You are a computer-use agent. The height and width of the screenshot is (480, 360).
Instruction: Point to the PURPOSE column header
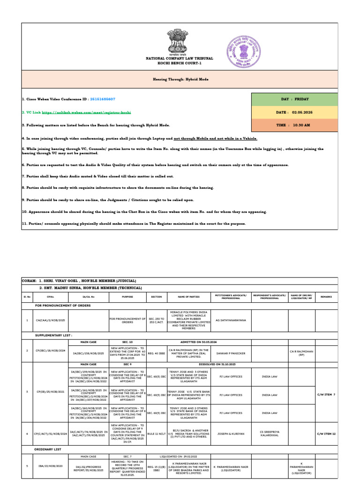coord(127,297)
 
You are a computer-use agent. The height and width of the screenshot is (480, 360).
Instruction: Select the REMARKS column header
coord(327,297)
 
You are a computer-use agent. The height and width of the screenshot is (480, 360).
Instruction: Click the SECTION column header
coord(157,297)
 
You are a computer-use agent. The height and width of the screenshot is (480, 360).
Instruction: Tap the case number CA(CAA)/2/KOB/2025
coord(51,320)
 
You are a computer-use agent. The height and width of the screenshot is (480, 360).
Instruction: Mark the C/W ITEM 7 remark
coord(327,395)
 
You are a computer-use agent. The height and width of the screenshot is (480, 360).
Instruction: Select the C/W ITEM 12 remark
coord(327,434)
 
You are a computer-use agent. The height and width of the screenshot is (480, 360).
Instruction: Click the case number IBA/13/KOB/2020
coord(51,466)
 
